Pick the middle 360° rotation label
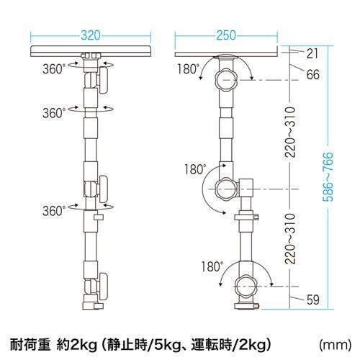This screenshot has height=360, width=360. [x=53, y=113]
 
